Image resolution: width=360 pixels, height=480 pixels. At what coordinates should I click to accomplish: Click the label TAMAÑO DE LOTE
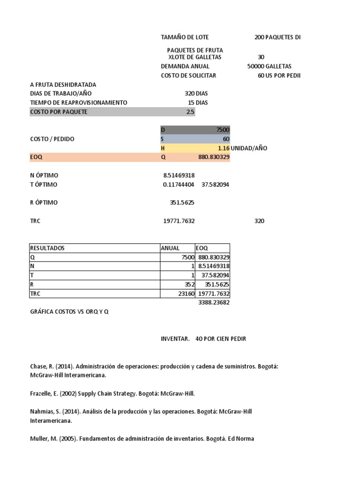pos(185,37)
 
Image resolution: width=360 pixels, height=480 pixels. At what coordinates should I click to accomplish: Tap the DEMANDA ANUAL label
pos(185,66)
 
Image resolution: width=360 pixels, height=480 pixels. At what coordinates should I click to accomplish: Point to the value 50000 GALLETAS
pos(269,66)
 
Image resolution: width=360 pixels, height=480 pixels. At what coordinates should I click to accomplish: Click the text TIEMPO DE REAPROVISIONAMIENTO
pos(78,102)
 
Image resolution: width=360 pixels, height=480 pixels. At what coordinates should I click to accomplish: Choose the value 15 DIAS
pos(198,102)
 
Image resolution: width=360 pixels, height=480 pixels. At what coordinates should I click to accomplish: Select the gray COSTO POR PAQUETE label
pos(59,112)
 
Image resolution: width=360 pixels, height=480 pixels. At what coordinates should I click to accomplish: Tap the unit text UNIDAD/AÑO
pos(249,148)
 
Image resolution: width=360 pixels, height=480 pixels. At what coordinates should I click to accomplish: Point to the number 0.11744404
pos(179,185)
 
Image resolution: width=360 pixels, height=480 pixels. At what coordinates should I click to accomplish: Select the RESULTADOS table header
pos(47,248)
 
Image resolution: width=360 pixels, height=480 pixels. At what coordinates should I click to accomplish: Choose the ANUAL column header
pos(170,248)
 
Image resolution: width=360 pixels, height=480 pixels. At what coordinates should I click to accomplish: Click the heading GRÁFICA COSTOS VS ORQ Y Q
pos(69,312)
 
